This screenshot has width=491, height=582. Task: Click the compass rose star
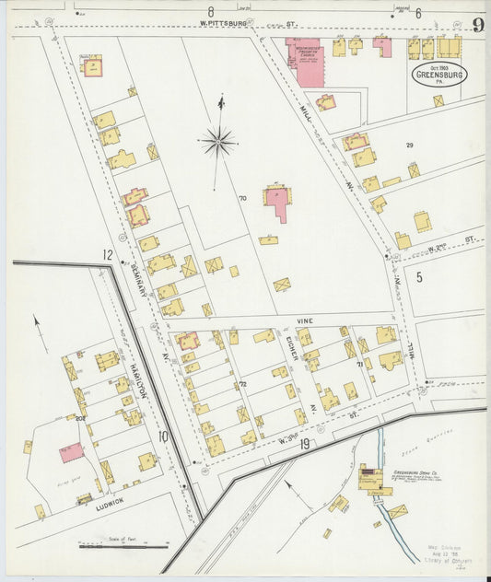point(218,142)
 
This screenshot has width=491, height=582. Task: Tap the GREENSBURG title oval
point(439,75)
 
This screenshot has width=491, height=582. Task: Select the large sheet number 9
point(478,25)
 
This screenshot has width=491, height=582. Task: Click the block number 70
point(243,198)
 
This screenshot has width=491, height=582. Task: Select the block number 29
point(410,145)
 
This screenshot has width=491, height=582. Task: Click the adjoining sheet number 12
point(108,254)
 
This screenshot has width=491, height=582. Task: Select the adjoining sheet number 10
point(162,436)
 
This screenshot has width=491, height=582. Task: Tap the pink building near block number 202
point(71,452)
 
